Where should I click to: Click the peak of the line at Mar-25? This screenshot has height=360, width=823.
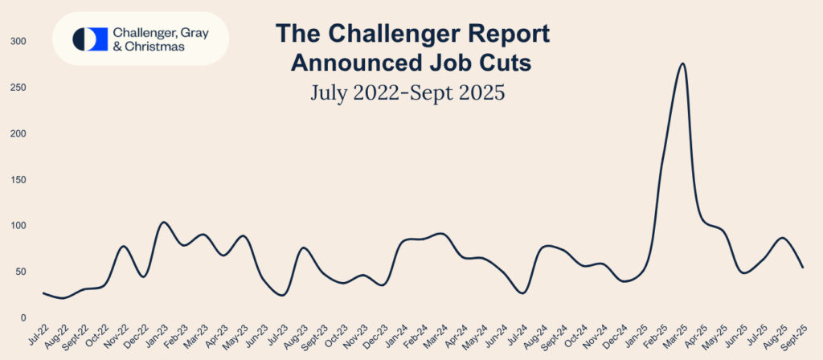(x=682, y=63)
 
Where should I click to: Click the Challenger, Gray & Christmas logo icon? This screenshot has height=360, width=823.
(x=90, y=39)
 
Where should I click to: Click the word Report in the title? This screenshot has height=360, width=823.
(x=502, y=35)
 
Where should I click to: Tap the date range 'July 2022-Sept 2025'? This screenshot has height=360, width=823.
(x=407, y=92)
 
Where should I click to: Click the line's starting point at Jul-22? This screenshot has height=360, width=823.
(x=43, y=293)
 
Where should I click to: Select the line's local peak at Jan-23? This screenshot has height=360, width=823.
(x=163, y=223)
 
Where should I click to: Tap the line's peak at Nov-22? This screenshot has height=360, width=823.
(x=124, y=247)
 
